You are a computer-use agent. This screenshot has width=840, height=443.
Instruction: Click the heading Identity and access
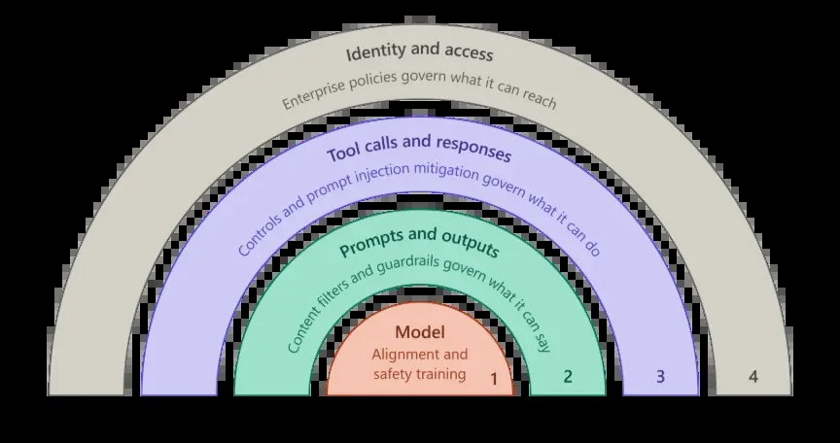click(419, 52)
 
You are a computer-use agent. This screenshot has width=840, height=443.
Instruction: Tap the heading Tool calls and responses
click(419, 149)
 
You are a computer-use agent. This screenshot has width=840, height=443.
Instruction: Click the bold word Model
click(420, 332)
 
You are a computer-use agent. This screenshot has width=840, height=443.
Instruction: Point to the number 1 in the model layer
click(494, 379)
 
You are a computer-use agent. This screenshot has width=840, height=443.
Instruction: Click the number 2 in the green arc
click(568, 377)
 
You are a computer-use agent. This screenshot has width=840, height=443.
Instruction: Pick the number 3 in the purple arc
click(660, 377)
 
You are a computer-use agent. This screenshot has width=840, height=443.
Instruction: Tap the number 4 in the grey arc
click(753, 377)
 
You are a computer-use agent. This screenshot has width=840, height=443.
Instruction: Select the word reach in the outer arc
click(539, 97)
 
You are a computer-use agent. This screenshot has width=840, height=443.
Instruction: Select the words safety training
click(419, 373)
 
